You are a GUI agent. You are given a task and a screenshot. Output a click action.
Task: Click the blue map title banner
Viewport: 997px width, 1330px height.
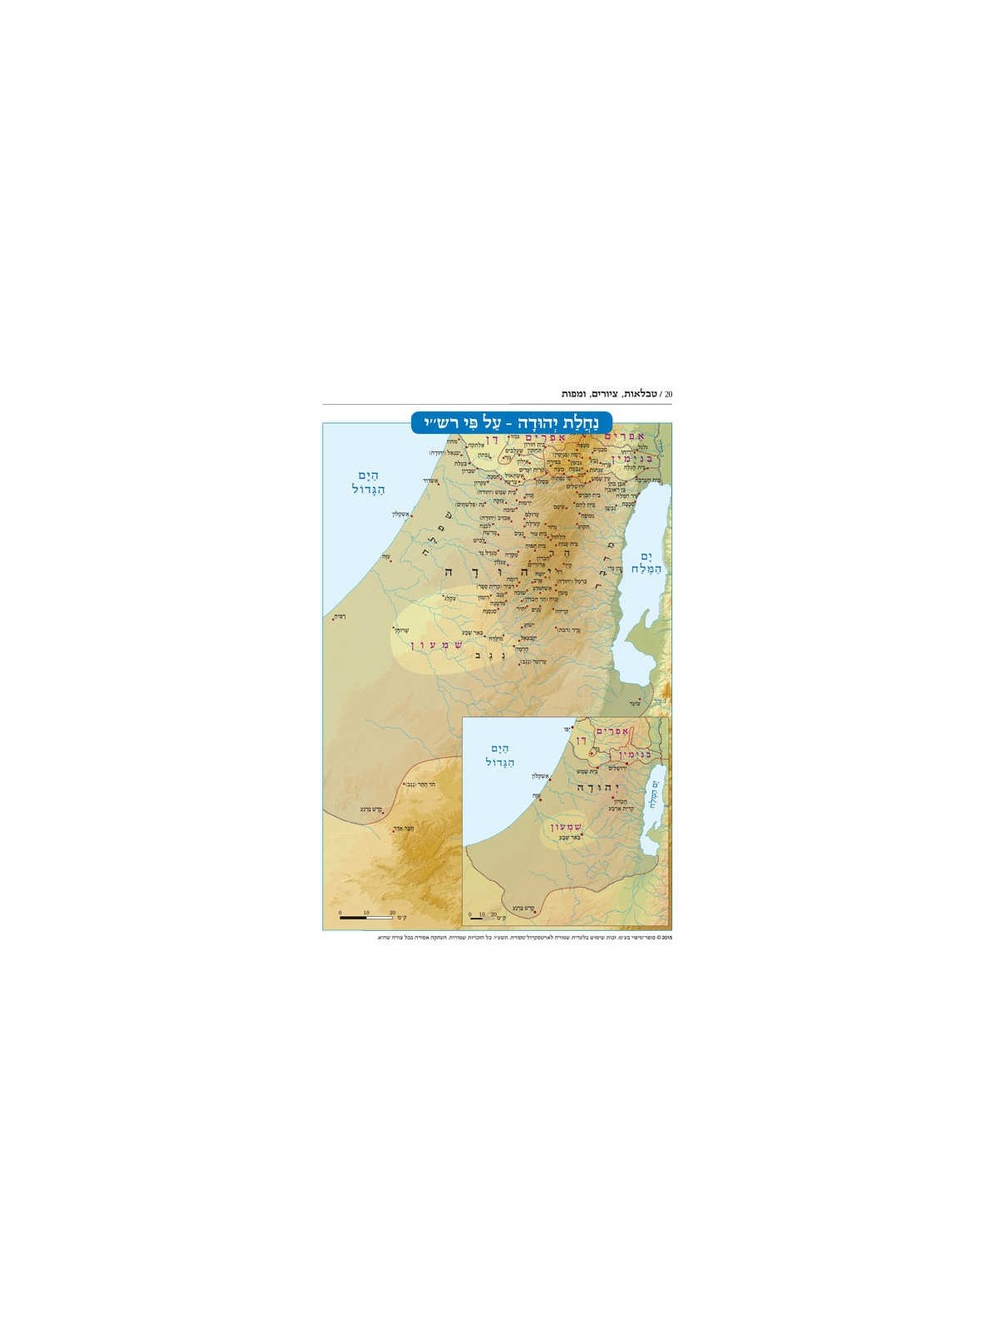coord(512,422)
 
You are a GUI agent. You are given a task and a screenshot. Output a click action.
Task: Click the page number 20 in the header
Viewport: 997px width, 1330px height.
coord(668,393)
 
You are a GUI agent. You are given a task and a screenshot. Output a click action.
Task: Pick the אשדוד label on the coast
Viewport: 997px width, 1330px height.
coord(430,482)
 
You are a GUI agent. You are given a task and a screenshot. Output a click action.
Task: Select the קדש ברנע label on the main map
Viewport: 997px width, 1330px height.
coord(371,809)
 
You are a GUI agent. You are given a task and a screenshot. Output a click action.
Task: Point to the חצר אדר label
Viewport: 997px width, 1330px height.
coord(402,828)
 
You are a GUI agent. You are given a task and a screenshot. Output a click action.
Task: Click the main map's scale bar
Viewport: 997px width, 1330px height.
coord(366,917)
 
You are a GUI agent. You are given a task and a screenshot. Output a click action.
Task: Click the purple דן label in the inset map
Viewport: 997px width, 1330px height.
coord(582,739)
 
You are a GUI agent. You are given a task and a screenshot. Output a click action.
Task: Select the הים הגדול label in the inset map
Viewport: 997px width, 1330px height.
coord(500,755)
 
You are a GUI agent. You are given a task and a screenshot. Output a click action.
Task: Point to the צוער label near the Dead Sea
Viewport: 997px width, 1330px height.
coord(634,703)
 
